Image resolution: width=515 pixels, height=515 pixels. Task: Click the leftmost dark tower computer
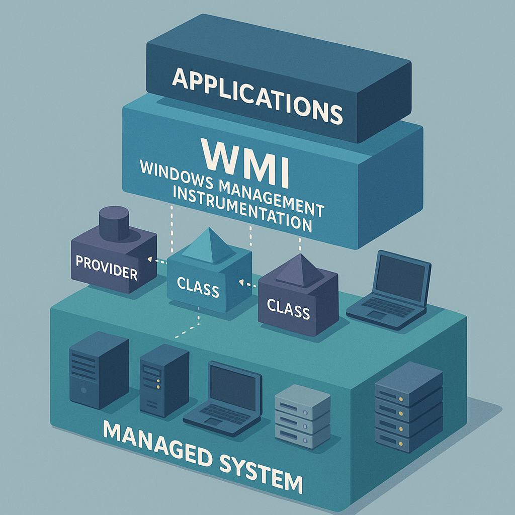tap(99, 370)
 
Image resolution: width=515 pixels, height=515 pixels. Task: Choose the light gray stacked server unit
tap(302, 416)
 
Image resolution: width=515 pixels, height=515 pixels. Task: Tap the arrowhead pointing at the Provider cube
tap(149, 260)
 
